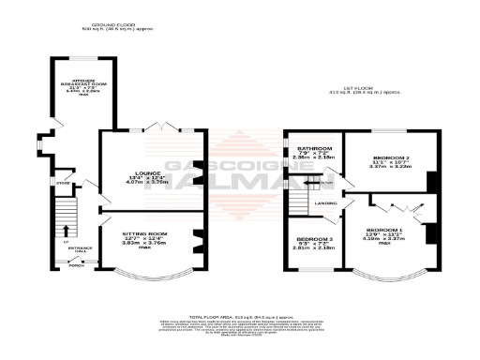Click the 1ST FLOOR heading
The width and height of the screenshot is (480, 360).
click(x=374, y=88)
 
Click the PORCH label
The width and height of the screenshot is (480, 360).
click(x=75, y=265)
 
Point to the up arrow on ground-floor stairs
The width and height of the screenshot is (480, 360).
click(x=67, y=228)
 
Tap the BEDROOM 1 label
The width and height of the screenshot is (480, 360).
click(x=384, y=230)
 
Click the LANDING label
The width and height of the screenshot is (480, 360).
click(x=325, y=202)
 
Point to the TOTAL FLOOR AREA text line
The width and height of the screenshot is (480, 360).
click(x=239, y=318)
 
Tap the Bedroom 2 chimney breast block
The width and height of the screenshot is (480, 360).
click(x=431, y=180)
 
